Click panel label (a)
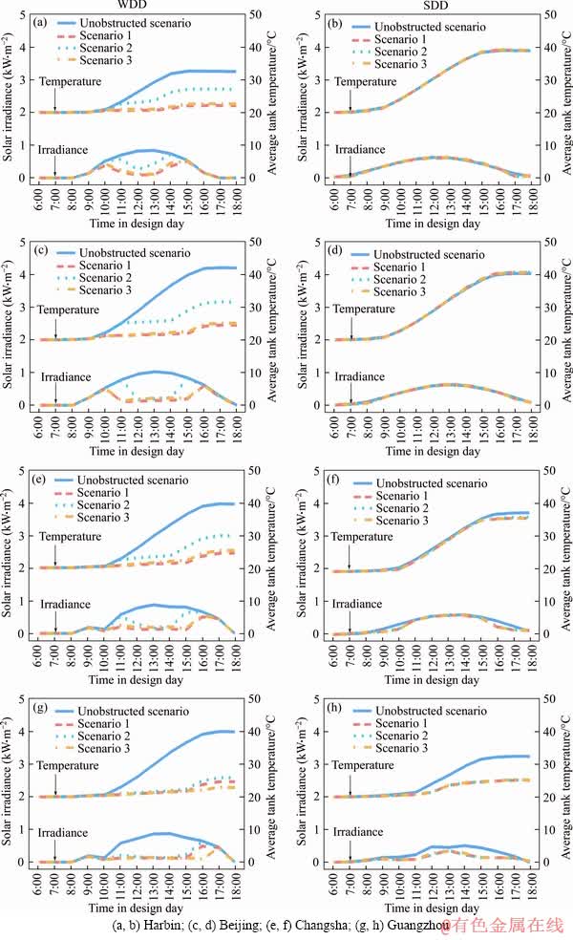pyautogui.click(x=40, y=21)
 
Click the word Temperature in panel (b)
pyautogui.click(x=364, y=82)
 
